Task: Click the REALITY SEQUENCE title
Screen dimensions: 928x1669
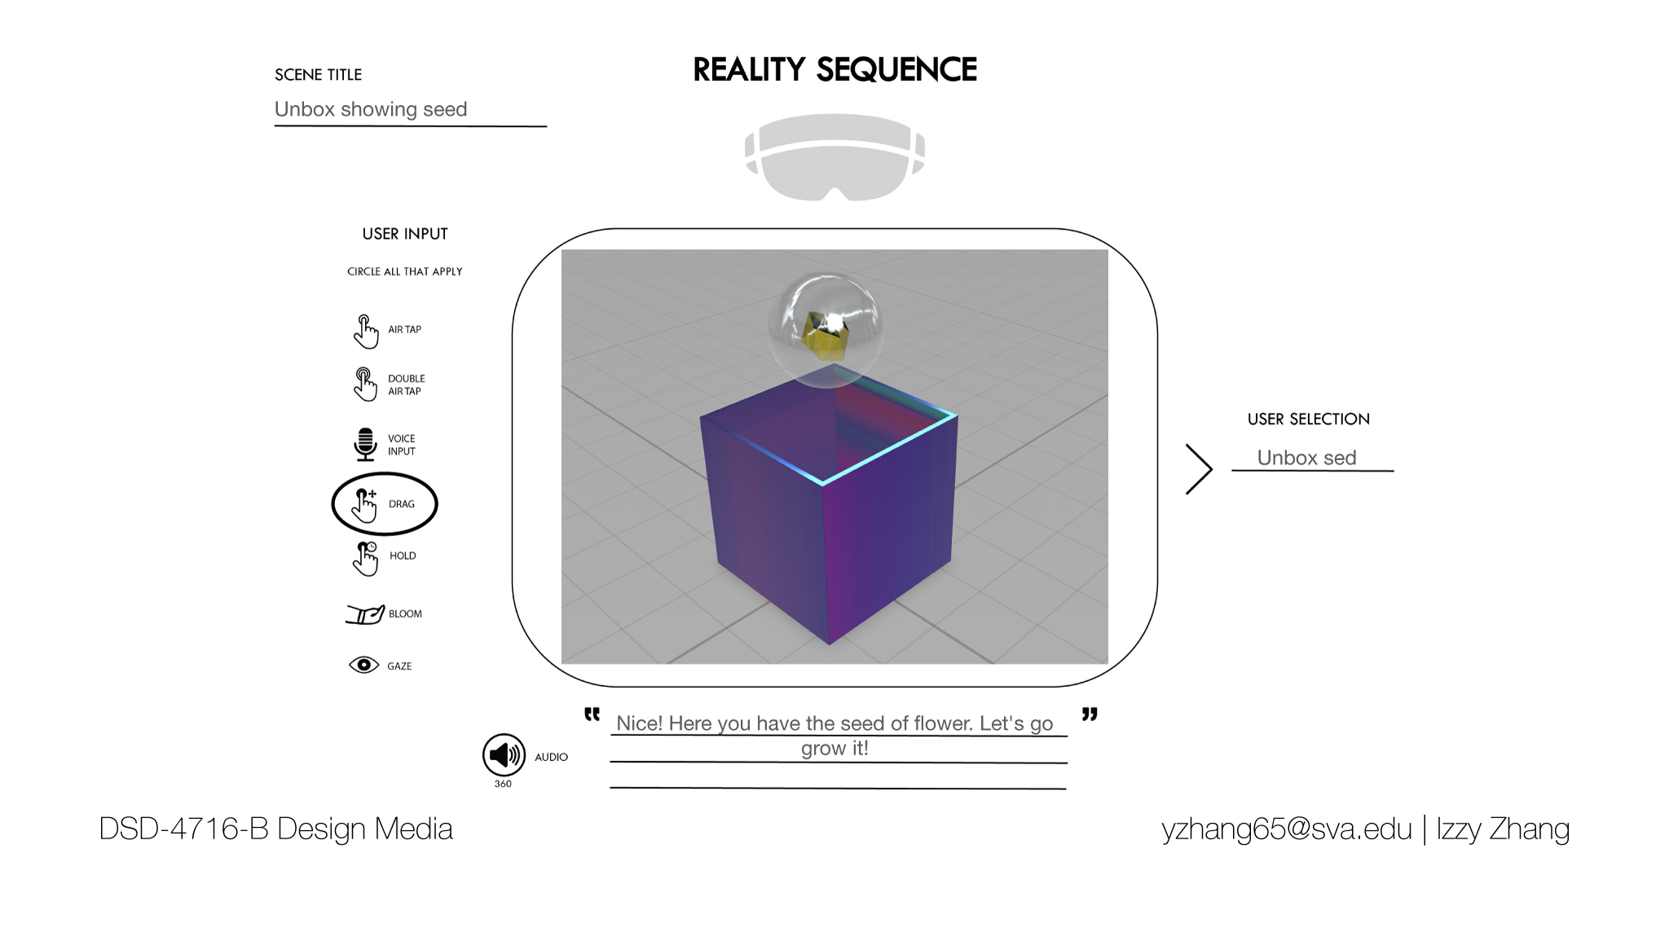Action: point(834,70)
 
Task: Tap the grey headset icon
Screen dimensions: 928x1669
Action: point(834,156)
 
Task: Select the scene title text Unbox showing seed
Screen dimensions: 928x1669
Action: point(371,109)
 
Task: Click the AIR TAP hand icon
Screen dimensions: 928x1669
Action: point(366,331)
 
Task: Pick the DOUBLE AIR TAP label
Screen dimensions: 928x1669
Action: point(406,385)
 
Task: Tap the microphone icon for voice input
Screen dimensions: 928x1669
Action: point(365,444)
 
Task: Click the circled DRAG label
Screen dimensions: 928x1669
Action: point(402,504)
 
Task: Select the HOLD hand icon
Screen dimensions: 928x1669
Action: point(366,558)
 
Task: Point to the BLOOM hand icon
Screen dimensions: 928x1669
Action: point(364,614)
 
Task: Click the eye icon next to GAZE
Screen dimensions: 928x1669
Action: point(363,665)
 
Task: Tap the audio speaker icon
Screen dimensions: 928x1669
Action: point(504,754)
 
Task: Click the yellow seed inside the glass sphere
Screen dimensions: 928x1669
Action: point(826,335)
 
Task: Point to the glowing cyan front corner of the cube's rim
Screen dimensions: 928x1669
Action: point(823,483)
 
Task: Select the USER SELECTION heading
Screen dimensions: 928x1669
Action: point(1308,420)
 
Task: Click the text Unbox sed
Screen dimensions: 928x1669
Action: point(1306,458)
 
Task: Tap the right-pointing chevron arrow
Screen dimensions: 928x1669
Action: point(1199,469)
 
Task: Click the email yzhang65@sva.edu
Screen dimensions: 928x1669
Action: point(1286,829)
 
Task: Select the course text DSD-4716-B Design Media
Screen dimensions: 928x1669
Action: point(275,829)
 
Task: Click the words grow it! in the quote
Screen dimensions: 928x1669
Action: point(834,748)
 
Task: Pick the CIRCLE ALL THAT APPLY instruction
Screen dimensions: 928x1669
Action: point(404,271)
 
